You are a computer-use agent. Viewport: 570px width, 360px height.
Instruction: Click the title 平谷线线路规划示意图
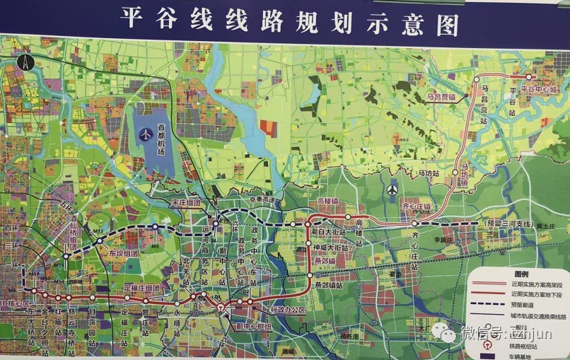pos(290,19)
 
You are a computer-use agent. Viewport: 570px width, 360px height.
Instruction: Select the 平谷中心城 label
pos(539,90)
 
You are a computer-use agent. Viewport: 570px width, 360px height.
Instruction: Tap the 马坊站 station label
pos(428,173)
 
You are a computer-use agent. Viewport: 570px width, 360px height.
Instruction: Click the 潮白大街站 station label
pos(327,232)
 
